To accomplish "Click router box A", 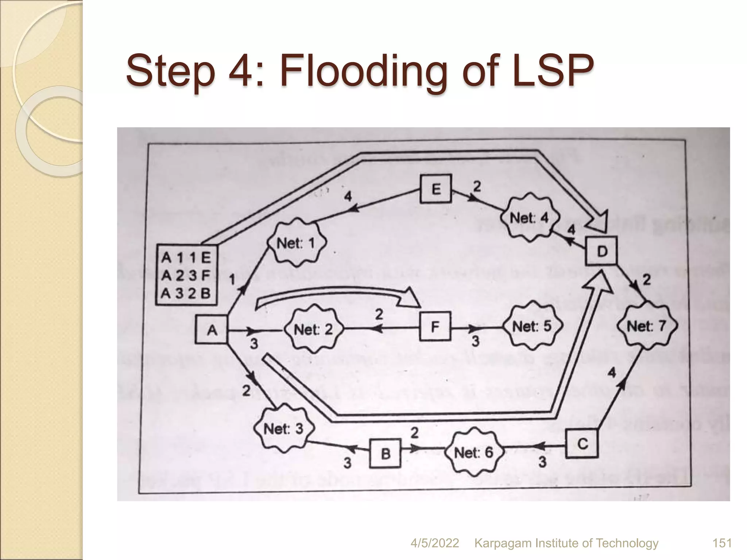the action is [212, 330].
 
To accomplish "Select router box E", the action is [436, 189].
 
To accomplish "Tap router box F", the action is [435, 326].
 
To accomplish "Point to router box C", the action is [582, 443].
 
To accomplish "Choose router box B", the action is [385, 454].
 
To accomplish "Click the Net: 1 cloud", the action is [296, 243].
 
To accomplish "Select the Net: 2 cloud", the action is [313, 330].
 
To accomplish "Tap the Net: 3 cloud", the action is [283, 428].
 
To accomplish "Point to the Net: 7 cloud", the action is [646, 326].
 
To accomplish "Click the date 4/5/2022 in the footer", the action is [434, 543].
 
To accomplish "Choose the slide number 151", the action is [722, 543].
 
